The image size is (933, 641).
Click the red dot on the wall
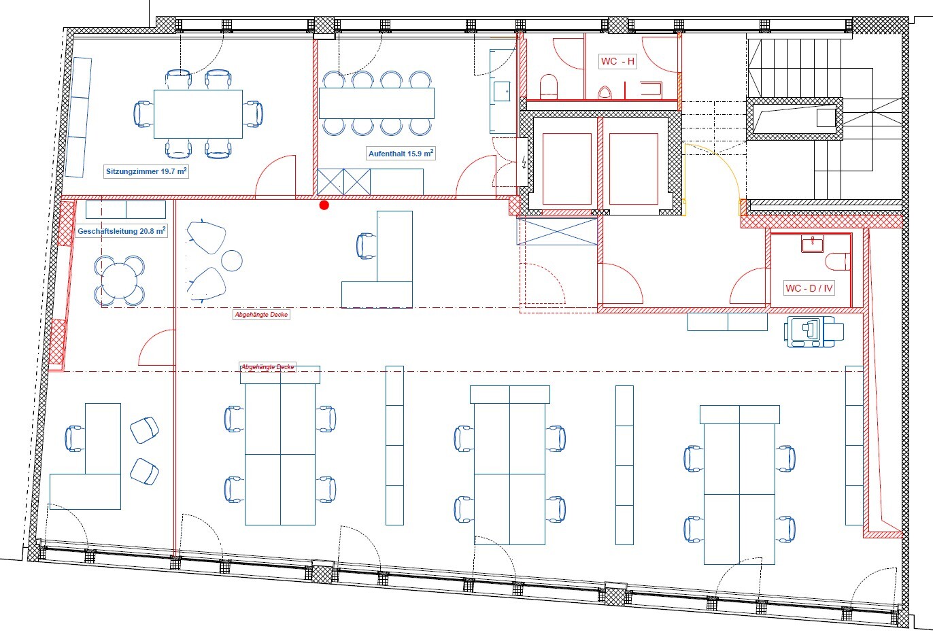pyautogui.click(x=324, y=205)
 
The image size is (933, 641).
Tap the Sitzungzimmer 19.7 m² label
pyautogui.click(x=146, y=172)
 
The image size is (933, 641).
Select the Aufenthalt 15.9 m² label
pyautogui.click(x=401, y=154)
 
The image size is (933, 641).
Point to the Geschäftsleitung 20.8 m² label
pyautogui.click(x=121, y=231)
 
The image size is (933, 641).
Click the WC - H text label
pyautogui.click(x=617, y=61)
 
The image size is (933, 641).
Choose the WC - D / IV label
pyautogui.click(x=809, y=288)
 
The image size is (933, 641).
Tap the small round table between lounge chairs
pyautogui.click(x=232, y=260)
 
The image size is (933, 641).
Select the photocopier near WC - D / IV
pyautogui.click(x=813, y=331)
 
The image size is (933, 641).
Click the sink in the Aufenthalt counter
pyautogui.click(x=502, y=91)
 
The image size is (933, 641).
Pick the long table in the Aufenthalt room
pyautogui.click(x=376, y=103)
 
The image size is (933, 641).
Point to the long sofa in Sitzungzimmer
pyautogui.click(x=79, y=118)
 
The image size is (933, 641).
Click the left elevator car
pyautogui.click(x=566, y=169)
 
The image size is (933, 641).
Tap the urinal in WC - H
pyautogui.click(x=604, y=92)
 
